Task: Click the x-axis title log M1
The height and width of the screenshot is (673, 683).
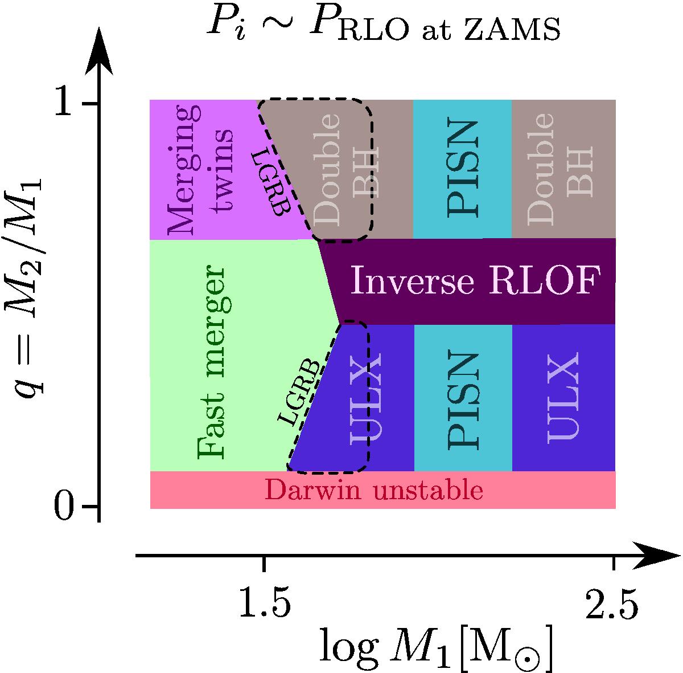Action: coord(436,648)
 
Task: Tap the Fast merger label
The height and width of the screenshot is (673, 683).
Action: coord(215,362)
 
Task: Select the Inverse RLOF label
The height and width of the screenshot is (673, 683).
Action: coord(475,281)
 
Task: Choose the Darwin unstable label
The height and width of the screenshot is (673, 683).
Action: coord(374,491)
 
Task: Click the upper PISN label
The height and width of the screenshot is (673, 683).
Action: coord(462,169)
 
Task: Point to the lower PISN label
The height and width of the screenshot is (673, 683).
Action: coord(462,397)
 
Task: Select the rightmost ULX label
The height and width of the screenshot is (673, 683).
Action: coord(563,397)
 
